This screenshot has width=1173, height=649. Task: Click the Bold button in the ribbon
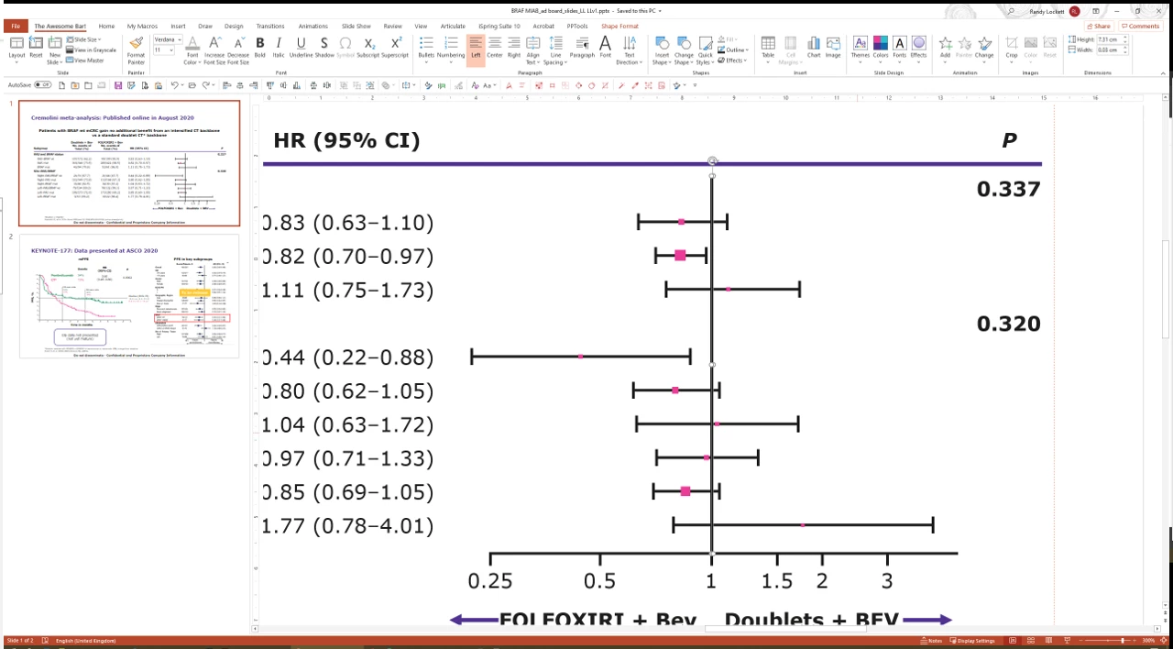pos(260,45)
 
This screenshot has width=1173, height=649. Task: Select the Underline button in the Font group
pos(301,45)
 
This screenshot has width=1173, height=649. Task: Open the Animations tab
pos(312,27)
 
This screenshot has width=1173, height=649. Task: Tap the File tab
pos(16,27)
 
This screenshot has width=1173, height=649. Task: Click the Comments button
pos(1140,27)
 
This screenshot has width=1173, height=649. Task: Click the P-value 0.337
pos(1008,190)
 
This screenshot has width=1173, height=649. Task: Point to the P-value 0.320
pos(1008,324)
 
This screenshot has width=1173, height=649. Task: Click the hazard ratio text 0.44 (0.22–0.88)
pos(348,357)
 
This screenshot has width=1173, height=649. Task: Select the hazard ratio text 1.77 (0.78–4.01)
pos(348,526)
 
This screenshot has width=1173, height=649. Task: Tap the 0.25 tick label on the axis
pos(489,580)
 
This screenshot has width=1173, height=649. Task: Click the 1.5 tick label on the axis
pos(777,580)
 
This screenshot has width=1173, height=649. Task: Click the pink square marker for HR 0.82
pos(680,255)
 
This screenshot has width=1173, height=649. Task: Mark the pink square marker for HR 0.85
pos(685,492)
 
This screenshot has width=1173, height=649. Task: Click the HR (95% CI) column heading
pos(346,140)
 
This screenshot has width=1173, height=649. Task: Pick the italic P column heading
pos(1009,140)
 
